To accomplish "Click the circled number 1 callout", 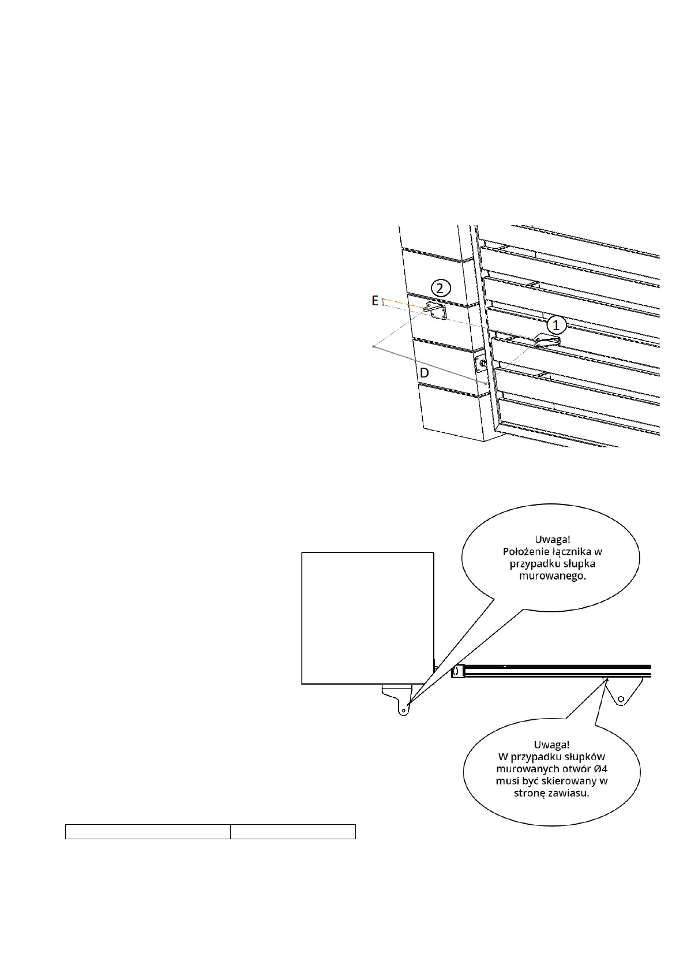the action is click(556, 325).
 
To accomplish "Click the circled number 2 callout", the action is click(440, 287).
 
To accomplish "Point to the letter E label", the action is click(375, 301).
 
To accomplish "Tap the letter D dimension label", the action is click(425, 373).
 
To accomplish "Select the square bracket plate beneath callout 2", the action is click(436, 312).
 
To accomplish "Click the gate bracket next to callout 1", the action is click(546, 341).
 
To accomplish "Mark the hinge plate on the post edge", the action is click(480, 363).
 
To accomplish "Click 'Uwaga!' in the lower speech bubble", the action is click(551, 745).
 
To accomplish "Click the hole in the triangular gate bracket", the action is click(621, 700).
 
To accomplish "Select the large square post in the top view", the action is click(367, 618).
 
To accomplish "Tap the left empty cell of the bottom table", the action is click(148, 832).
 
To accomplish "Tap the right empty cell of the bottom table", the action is click(292, 832).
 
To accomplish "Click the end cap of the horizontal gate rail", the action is click(456, 671).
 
